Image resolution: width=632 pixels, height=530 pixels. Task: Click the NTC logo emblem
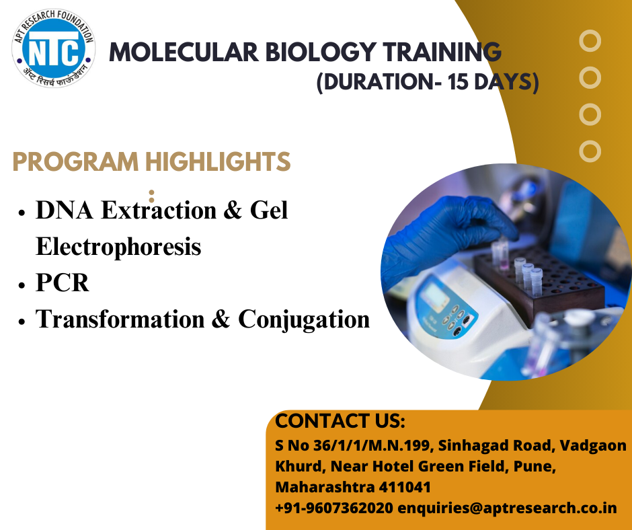tap(54, 48)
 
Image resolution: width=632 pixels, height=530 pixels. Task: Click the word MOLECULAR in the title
tap(184, 52)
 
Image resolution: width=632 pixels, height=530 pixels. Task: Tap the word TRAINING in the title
tap(442, 52)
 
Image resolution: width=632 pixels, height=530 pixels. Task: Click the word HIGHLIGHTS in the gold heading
tap(218, 161)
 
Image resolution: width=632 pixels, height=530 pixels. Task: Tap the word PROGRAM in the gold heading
tap(75, 161)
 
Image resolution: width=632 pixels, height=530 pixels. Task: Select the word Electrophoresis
tap(118, 246)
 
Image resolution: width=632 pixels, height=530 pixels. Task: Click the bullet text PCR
tap(63, 282)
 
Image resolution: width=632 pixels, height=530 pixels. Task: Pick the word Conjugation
tap(304, 320)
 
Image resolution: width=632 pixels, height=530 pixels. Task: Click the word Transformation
tap(120, 319)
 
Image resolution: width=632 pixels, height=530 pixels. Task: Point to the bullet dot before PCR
tap(22, 285)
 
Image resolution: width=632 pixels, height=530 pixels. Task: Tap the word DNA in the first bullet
tap(65, 210)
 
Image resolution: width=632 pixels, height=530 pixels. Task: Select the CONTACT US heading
tap(340, 420)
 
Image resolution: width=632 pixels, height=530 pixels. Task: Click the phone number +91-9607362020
tap(333, 508)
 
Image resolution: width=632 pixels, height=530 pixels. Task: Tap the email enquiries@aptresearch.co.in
tap(507, 508)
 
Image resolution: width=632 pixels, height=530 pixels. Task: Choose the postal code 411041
tap(405, 487)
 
